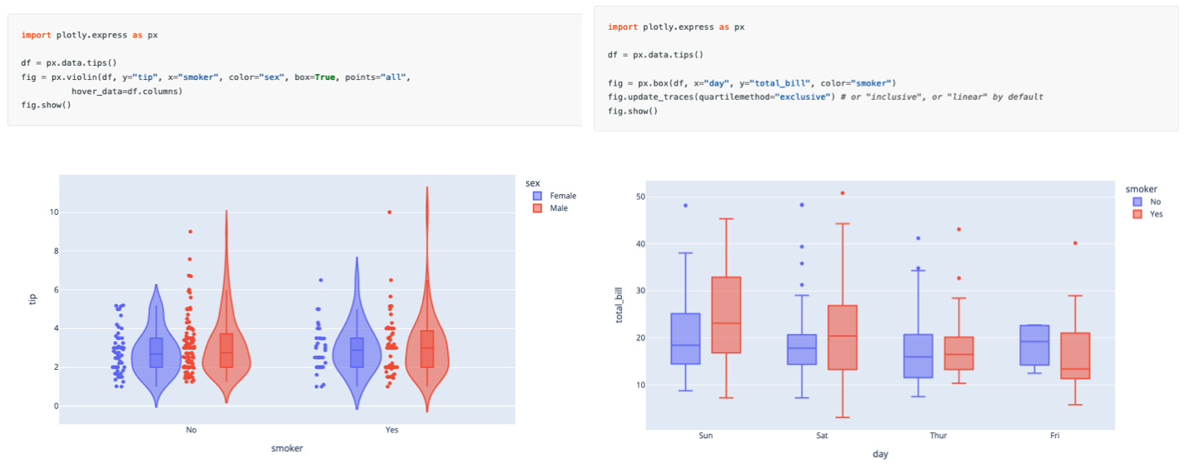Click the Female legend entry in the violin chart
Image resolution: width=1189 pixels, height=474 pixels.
[x=562, y=196]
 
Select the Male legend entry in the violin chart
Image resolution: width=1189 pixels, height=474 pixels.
[x=558, y=208]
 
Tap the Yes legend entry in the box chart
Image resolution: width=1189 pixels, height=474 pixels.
[x=1156, y=214]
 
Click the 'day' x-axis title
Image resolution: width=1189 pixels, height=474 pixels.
[x=880, y=454]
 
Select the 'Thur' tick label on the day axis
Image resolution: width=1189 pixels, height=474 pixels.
[x=938, y=436]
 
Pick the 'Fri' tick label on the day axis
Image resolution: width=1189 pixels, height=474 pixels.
[x=1055, y=436]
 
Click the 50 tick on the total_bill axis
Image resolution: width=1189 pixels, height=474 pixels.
[x=639, y=197]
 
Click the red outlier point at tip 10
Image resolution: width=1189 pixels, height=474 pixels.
[x=389, y=212]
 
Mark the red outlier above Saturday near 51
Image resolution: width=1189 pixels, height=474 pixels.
[x=842, y=193]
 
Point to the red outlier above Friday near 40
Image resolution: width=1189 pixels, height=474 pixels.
[x=1075, y=243]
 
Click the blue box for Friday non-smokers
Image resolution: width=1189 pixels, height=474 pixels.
[x=1034, y=345]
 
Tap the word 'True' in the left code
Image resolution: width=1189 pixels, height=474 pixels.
[x=326, y=77]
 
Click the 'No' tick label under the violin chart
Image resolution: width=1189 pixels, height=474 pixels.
[x=192, y=431]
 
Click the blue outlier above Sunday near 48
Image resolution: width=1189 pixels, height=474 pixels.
[x=686, y=205]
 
